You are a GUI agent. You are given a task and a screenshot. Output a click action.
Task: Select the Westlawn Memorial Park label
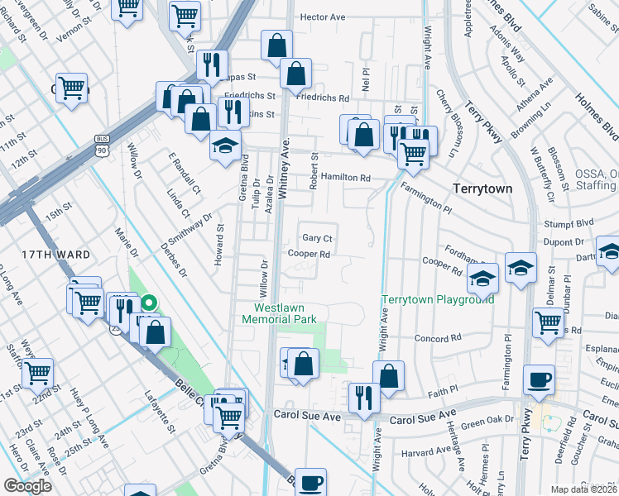pyautogui.click(x=280, y=312)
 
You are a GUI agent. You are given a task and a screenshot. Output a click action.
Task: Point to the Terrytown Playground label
pyautogui.click(x=437, y=299)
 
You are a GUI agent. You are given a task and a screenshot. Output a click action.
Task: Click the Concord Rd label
pyautogui.click(x=437, y=338)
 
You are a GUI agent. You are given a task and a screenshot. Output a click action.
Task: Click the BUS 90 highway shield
pyautogui.click(x=102, y=146)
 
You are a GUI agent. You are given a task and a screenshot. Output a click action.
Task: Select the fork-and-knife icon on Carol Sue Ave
pyautogui.click(x=363, y=397)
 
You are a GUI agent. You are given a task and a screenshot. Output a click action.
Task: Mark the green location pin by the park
pyautogui.click(x=149, y=305)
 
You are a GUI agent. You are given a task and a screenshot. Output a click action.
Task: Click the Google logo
pyautogui.click(x=27, y=486)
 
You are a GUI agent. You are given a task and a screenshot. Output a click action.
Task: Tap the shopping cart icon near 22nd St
pyautogui.click(x=37, y=373)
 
